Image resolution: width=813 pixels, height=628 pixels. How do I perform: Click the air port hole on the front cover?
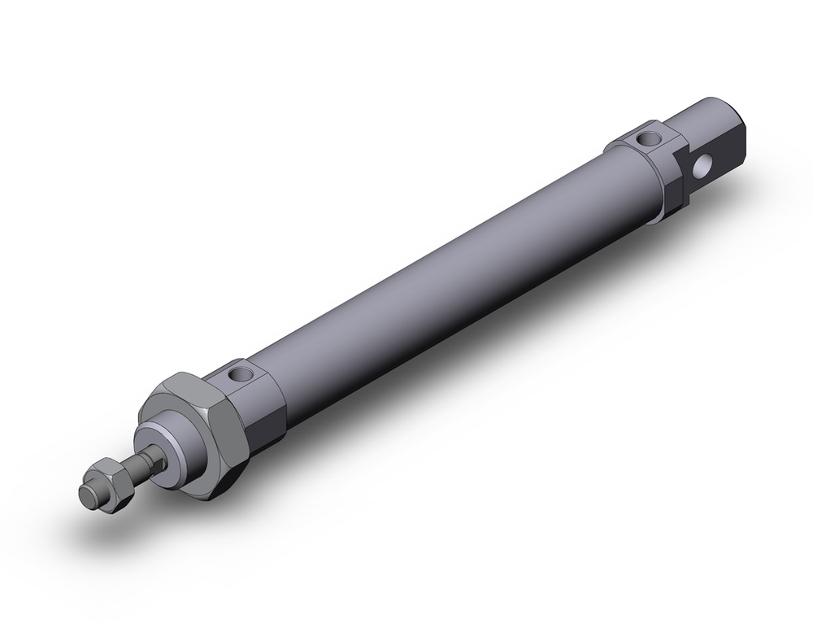pyautogui.click(x=240, y=375)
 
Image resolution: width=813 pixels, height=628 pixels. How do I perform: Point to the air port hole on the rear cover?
pyautogui.click(x=648, y=138)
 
